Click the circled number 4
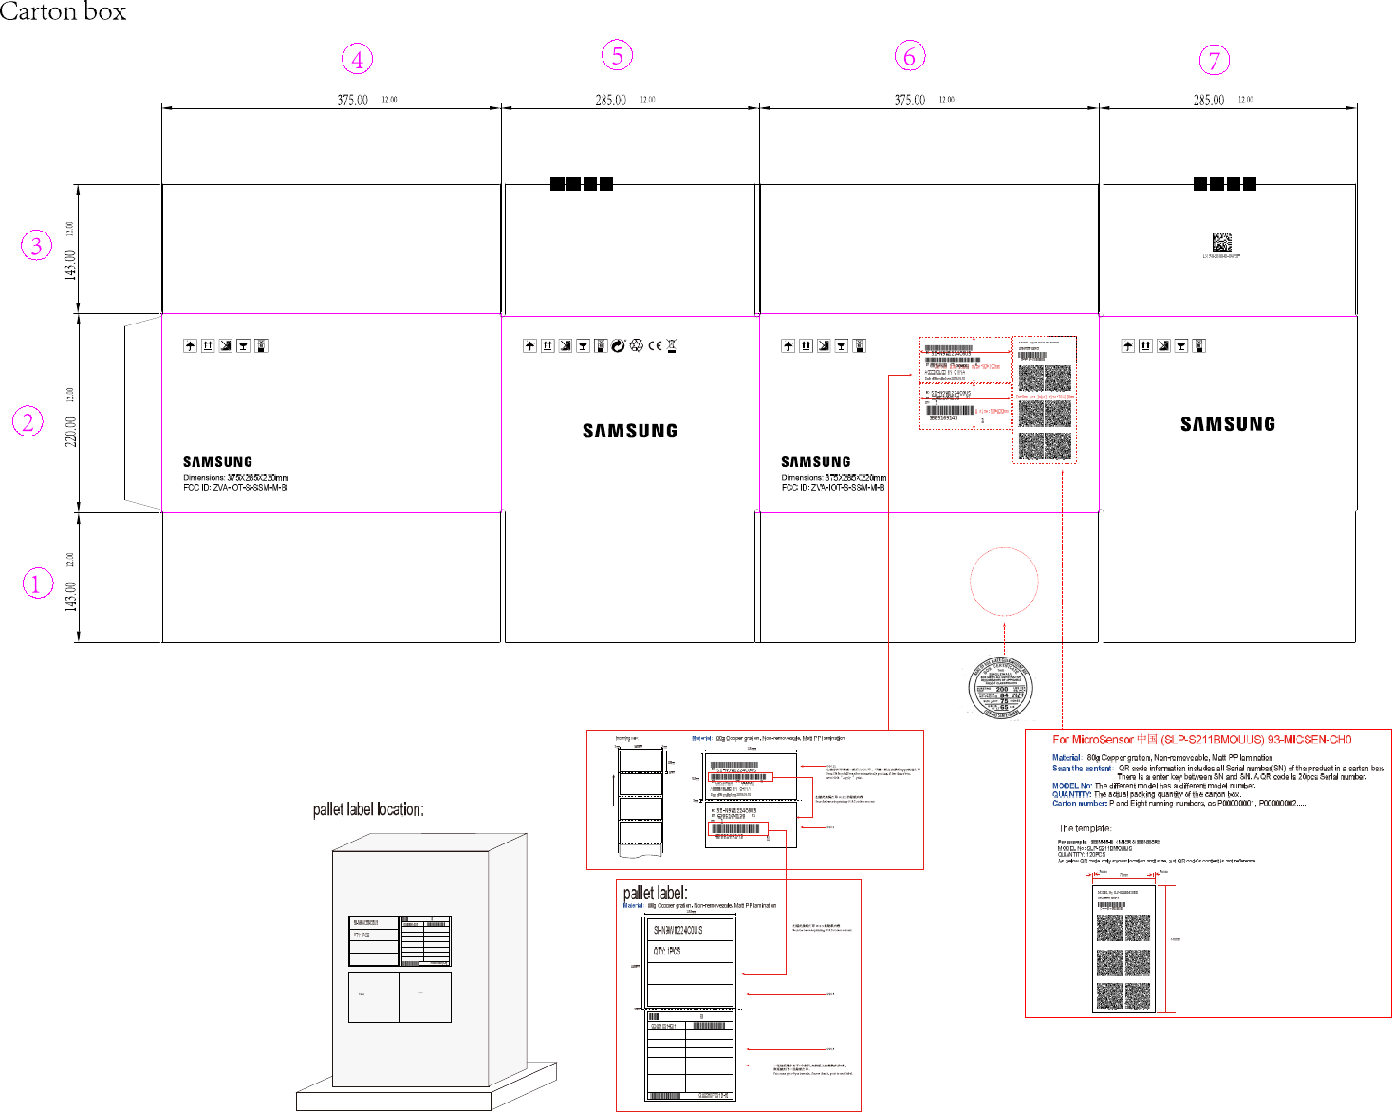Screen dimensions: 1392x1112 coord(357,60)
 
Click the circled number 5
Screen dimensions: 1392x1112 coord(617,56)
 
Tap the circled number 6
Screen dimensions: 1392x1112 coord(909,57)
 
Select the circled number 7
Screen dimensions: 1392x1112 coord(1214,61)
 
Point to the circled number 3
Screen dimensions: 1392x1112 coord(36,247)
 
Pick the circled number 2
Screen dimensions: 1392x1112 coord(28,421)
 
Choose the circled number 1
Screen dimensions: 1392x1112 coord(37,584)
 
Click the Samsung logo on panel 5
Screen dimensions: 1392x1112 coord(630,431)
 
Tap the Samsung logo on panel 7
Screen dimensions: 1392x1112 coord(1228,424)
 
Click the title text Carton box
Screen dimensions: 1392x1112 coord(63,12)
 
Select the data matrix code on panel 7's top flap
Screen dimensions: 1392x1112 coord(1221,242)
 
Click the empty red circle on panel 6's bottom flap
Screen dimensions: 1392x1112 coord(1004,582)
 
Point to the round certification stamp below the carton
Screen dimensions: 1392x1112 coord(1000,688)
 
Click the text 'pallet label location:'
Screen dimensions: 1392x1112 coord(368,809)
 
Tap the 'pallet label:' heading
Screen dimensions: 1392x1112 coord(655,893)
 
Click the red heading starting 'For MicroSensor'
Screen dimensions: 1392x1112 coord(1201,739)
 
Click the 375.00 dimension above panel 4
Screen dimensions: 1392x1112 coord(352,101)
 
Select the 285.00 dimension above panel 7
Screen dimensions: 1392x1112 coord(1208,101)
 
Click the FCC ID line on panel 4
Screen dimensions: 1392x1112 coord(235,488)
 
